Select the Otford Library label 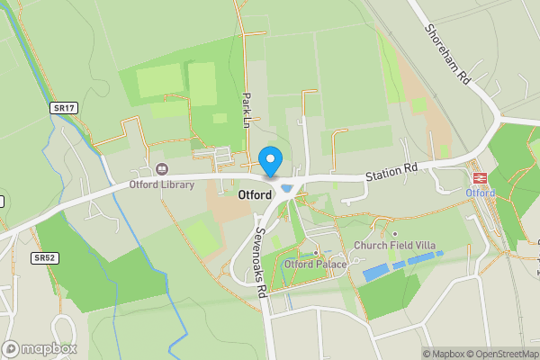pos(162,185)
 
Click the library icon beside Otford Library pos(162,168)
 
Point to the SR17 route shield pos(63,108)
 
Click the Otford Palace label pos(315,265)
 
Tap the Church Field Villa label pos(393,245)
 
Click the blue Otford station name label pos(480,193)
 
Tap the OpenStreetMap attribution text pos(500,354)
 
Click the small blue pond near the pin pos(287,188)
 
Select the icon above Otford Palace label pos(315,251)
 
